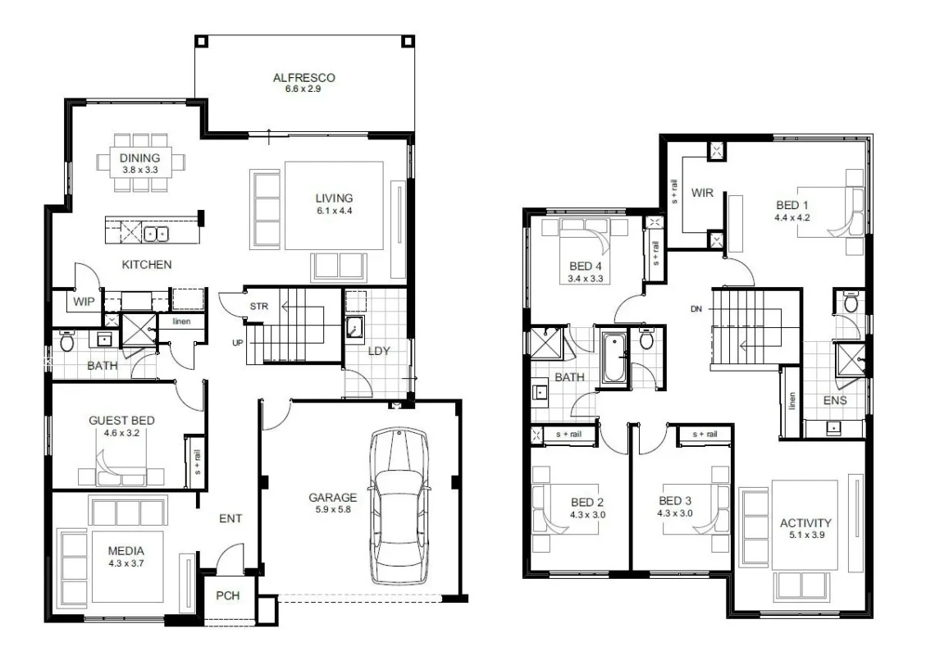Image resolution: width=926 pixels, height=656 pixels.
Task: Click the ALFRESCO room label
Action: (303, 77)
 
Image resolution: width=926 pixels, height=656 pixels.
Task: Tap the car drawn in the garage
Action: (399, 507)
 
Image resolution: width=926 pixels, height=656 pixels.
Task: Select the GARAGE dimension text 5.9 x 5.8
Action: (333, 509)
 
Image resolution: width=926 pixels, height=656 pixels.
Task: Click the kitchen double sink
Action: (156, 235)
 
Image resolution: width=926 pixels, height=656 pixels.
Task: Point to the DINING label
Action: (140, 157)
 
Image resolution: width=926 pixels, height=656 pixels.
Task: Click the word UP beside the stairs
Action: (237, 343)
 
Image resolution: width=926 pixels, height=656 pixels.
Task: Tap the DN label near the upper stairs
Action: (696, 309)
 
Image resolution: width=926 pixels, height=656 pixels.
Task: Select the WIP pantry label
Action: (84, 302)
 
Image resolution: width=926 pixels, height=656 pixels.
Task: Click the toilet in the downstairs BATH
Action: (66, 340)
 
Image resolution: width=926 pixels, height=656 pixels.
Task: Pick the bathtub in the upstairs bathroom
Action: (614, 358)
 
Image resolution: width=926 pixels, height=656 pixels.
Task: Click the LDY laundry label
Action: (379, 351)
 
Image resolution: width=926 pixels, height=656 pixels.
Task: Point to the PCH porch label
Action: (228, 595)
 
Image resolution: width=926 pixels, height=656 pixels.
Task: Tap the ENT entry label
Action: (230, 518)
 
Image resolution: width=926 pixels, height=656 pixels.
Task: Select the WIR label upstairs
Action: (702, 193)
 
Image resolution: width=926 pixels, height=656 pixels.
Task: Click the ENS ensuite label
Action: (835, 400)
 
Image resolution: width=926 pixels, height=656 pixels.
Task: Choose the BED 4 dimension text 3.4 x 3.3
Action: (586, 279)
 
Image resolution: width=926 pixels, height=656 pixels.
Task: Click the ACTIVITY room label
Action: (805, 522)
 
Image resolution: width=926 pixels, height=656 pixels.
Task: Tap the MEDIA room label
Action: (126, 551)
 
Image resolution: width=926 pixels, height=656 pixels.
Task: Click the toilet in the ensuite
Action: (851, 302)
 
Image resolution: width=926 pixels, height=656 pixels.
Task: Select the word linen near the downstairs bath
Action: (182, 321)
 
